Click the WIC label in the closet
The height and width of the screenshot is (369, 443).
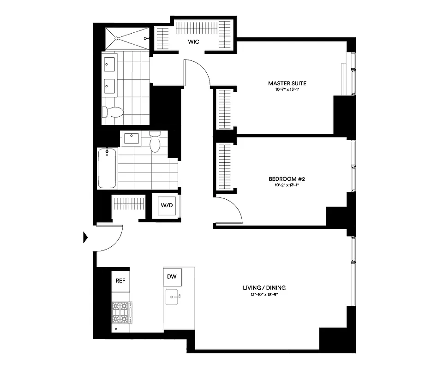193,42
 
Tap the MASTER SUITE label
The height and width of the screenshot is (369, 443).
287,83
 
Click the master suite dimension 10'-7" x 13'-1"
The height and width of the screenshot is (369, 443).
287,89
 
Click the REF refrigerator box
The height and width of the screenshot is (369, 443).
120,280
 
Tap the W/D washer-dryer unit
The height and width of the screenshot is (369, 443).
166,205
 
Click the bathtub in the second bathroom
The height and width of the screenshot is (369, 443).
107,168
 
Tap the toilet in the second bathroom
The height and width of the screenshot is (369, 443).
155,141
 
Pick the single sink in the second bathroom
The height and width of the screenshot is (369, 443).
132,137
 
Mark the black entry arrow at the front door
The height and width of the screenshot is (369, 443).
85,238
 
